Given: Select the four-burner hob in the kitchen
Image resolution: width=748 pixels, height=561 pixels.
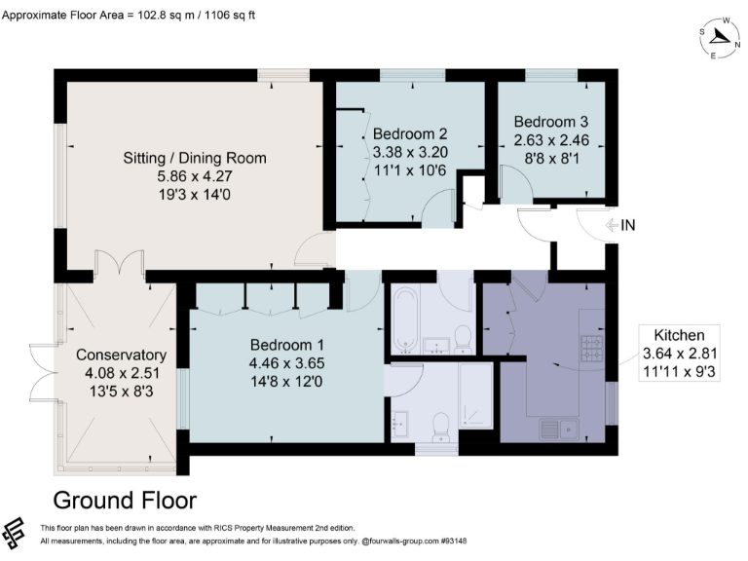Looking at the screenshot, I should pos(592,347).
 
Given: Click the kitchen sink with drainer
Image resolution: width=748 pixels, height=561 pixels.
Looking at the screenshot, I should pos(560,426).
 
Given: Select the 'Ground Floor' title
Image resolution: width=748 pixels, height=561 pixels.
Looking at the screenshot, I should pos(124,501).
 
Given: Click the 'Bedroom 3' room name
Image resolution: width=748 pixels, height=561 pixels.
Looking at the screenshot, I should pos(551,123).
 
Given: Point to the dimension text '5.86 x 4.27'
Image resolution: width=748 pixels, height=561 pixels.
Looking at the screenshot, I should pos(194,176).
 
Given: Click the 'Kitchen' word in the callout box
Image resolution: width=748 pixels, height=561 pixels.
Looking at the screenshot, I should pos(678,334).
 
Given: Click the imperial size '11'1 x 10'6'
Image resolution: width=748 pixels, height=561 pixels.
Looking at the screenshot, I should pos(410,170).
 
